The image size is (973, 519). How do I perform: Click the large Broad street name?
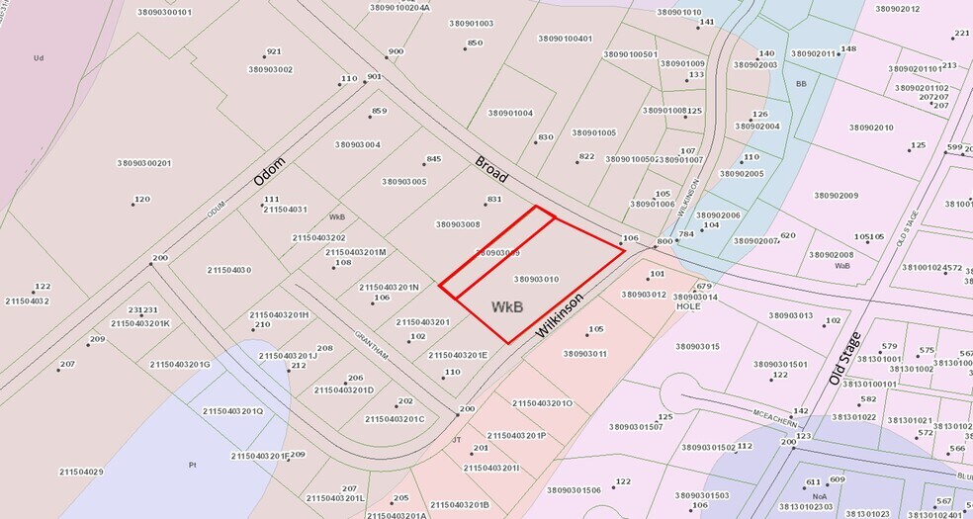(x=491, y=169)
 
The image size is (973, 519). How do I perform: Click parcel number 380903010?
(x=537, y=279)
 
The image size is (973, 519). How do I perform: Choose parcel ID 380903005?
(x=404, y=182)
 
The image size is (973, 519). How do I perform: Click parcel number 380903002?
(x=271, y=69)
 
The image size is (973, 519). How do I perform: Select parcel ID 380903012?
(x=644, y=295)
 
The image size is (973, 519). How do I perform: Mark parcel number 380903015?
(x=698, y=346)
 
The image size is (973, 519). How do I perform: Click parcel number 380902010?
(x=871, y=128)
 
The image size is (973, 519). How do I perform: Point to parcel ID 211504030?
(x=229, y=270)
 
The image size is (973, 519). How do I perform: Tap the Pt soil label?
(x=193, y=464)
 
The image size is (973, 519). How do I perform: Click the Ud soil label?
(x=39, y=57)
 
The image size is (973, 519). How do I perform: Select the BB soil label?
(x=801, y=84)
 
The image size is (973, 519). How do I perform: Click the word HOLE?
(x=688, y=306)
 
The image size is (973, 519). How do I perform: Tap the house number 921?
(x=274, y=51)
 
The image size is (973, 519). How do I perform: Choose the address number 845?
(x=433, y=159)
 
